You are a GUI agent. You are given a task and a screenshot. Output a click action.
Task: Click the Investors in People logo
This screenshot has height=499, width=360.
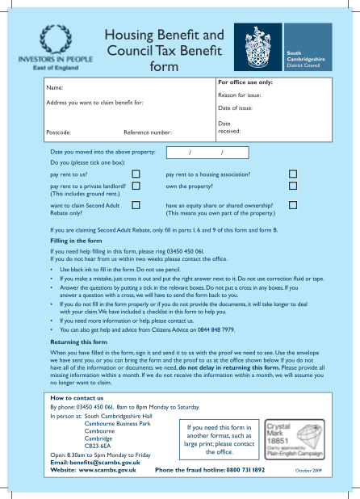coord(53,48)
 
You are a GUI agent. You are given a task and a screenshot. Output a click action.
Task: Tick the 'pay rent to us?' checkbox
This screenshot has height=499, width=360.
coord(136,174)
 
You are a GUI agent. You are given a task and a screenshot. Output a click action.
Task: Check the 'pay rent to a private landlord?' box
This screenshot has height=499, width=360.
coord(136,186)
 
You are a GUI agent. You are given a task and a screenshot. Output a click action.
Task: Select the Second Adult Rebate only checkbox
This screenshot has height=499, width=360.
coord(136,206)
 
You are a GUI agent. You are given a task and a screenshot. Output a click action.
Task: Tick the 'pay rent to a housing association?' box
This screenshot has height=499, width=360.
coord(293,174)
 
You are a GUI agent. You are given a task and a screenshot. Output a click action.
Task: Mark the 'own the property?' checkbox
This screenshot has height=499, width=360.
coord(293,186)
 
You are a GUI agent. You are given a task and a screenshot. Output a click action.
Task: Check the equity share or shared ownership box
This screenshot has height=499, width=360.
coord(293,206)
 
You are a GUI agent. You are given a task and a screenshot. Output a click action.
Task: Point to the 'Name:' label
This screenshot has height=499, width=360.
coord(55,87)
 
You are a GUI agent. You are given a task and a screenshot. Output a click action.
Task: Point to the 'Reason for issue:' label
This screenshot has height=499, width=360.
coord(241,95)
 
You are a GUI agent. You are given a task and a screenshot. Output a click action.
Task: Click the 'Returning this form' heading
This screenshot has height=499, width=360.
coord(79,342)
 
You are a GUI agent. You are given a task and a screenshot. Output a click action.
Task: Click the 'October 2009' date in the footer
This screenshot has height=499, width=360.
coord(308,470)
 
